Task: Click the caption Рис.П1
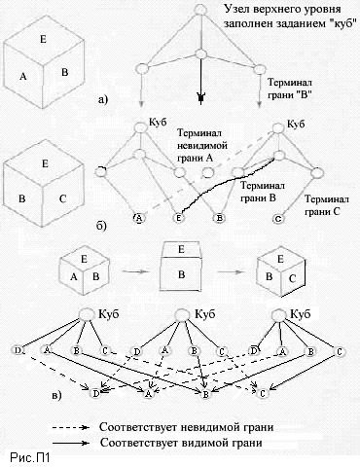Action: [x=28, y=455]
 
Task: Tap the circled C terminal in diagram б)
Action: [x=277, y=220]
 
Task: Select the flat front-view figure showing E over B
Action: [x=180, y=263]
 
